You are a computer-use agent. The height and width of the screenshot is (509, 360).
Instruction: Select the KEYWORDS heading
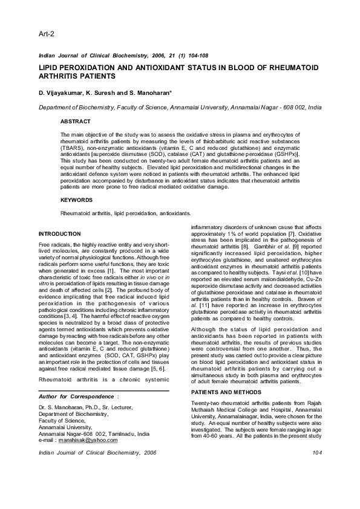[77, 199]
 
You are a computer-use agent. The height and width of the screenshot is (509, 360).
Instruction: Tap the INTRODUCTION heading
[59, 233]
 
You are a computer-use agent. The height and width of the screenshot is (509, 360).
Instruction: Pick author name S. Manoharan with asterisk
[151, 93]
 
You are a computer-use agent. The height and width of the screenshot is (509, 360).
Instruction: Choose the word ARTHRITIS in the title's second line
[61, 77]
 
